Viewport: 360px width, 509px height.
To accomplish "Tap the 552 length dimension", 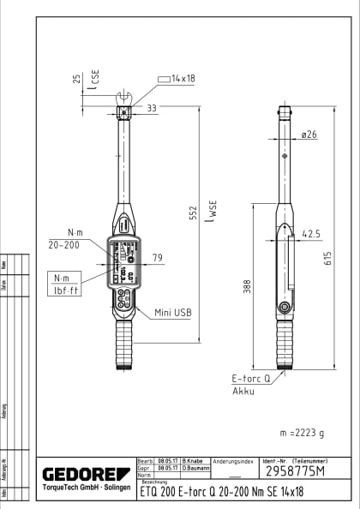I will (x=193, y=213).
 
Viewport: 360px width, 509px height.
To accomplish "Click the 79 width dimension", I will (x=157, y=257).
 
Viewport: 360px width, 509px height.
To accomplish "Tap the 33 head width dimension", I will (x=151, y=108).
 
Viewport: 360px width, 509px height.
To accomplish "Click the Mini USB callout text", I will (x=172, y=313).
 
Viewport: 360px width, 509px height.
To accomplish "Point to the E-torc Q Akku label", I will (x=250, y=382).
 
